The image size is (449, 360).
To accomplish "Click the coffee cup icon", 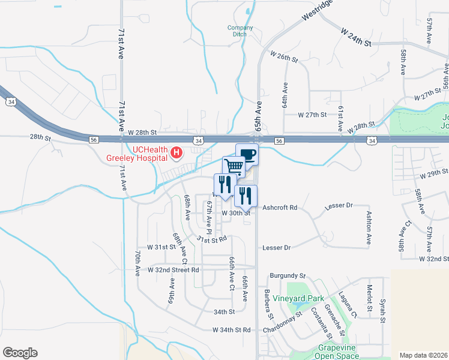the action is coord(247,155).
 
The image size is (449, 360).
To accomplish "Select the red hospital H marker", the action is coord(176,153).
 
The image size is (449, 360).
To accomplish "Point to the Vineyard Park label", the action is coord(298,298).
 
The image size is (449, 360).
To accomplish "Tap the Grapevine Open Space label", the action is coord(339,352).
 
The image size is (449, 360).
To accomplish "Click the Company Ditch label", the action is coord(240,31).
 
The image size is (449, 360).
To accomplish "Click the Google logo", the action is coord(20,353).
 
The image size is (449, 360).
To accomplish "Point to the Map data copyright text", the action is coord(423,355).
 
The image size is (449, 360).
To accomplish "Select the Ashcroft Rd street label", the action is coord(280,208).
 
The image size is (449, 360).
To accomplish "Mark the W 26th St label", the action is coord(284,56).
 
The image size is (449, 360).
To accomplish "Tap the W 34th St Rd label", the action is coord(231,330).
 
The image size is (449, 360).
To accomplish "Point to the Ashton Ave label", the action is coord(369,228).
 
